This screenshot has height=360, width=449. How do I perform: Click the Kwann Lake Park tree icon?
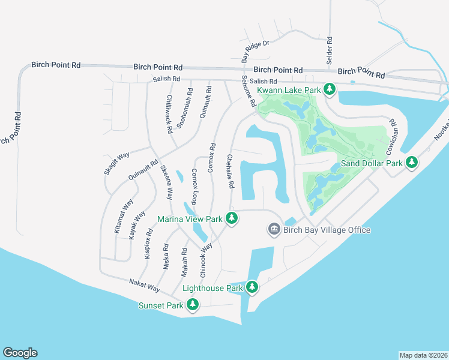coord(329,90)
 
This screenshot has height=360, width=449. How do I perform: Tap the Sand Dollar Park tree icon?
coord(411,163)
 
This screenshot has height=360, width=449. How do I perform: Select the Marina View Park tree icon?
coord(232,219)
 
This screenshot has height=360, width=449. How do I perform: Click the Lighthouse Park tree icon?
coord(252,288)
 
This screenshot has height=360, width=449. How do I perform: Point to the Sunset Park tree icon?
coord(193,305)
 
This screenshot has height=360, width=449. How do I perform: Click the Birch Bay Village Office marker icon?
coord(274,230)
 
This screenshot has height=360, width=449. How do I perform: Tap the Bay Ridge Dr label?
coord(256,48)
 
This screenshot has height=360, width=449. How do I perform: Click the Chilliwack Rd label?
coord(169,113)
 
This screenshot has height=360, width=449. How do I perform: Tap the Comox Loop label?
coord(194,186)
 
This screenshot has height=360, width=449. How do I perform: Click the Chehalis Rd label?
coord(230,171)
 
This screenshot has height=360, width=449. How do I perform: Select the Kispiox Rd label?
coord(148,243)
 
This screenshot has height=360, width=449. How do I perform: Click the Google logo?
coord(20,353)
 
